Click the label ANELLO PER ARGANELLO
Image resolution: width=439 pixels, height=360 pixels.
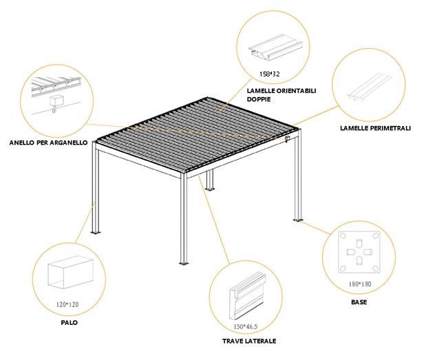[x=48, y=142]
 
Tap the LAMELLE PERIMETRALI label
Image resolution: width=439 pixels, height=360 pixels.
[x=376, y=128]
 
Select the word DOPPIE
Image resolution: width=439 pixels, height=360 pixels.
[x=259, y=99]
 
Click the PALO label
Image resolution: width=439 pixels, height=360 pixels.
[x=69, y=323]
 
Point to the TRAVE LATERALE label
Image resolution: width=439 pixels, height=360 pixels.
[x=249, y=341]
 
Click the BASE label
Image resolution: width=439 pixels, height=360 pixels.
[x=359, y=302]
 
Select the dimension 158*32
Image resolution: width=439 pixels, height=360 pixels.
[x=269, y=74]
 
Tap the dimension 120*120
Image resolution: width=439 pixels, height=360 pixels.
[x=67, y=304]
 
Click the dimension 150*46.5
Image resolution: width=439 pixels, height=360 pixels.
[x=246, y=326]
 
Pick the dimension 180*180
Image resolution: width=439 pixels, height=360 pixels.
[x=360, y=284]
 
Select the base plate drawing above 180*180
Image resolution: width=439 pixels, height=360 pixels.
[x=359, y=252]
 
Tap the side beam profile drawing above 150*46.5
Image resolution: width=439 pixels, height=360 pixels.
[x=248, y=297]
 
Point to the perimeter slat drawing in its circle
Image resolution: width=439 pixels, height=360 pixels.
[x=369, y=87]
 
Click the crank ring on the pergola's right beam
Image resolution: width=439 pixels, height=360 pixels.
[x=287, y=139]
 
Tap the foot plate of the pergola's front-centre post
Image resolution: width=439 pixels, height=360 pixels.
[x=184, y=264]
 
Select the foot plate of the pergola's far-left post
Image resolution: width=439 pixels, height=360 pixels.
[x=96, y=232]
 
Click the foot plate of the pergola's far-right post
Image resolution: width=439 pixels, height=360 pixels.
[x=299, y=220]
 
